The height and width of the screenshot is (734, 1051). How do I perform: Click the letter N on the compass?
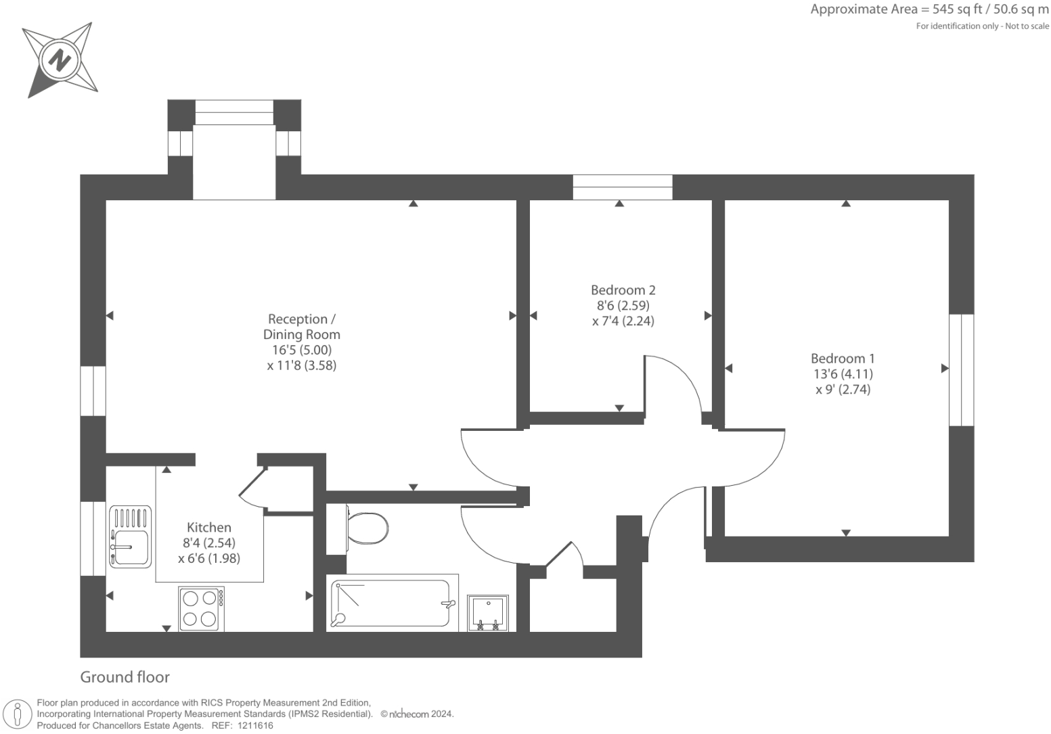(x=60, y=60)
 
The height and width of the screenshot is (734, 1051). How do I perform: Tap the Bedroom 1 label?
(x=843, y=359)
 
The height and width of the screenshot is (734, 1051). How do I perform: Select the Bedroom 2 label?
(x=623, y=290)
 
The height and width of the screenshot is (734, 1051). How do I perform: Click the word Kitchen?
(x=209, y=527)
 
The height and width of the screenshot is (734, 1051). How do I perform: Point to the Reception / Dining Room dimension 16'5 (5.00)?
(x=302, y=350)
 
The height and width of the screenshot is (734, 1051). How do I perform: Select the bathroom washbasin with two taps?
(x=488, y=613)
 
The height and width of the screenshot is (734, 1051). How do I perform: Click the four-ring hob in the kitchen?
(x=201, y=608)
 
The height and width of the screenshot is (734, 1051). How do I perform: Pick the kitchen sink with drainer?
(x=130, y=536)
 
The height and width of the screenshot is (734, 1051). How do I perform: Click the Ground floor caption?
(x=125, y=676)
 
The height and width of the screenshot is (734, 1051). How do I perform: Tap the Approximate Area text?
(x=929, y=10)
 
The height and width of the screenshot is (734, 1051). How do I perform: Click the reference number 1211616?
(x=255, y=726)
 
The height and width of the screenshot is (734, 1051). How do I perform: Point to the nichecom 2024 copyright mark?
(x=417, y=714)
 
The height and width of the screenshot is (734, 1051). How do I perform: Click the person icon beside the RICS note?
(x=18, y=715)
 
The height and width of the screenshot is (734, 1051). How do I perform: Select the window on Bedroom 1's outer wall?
(x=962, y=370)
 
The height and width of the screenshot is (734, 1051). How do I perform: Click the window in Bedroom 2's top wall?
(x=623, y=187)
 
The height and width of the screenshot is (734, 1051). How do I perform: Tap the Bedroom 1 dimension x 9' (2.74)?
(x=843, y=390)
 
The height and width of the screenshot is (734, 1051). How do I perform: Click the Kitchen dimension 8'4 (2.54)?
(x=209, y=543)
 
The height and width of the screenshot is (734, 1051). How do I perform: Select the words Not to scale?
(x=1027, y=26)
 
